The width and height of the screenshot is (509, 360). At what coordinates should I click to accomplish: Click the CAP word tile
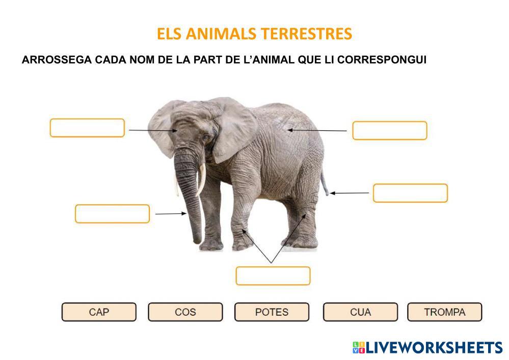point(99,312)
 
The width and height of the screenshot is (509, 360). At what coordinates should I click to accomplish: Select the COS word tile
point(185,312)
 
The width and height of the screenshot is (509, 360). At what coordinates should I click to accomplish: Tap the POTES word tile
point(272,312)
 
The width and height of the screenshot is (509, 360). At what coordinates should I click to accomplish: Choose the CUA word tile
point(360,312)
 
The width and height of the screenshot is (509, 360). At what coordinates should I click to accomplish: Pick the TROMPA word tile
point(445,312)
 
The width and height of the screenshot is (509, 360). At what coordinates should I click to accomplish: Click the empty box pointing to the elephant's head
point(87,128)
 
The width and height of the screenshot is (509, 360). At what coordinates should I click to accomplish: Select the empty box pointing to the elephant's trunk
point(112,214)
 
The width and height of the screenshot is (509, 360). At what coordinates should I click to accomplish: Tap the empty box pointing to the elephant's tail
point(410,193)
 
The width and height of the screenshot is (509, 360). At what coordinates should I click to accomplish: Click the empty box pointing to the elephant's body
point(390,130)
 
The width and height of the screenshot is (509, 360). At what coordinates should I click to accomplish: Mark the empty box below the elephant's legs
point(273,276)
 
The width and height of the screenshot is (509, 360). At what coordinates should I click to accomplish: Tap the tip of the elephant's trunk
point(197,241)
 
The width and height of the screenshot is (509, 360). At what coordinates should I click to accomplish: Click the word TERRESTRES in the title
point(306,34)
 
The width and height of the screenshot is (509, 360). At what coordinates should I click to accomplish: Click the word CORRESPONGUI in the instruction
point(382,60)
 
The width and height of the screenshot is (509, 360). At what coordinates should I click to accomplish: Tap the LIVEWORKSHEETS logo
point(427,347)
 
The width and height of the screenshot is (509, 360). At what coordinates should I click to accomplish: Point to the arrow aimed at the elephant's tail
point(350,193)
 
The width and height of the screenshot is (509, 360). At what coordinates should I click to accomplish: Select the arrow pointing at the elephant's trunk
point(171,214)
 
